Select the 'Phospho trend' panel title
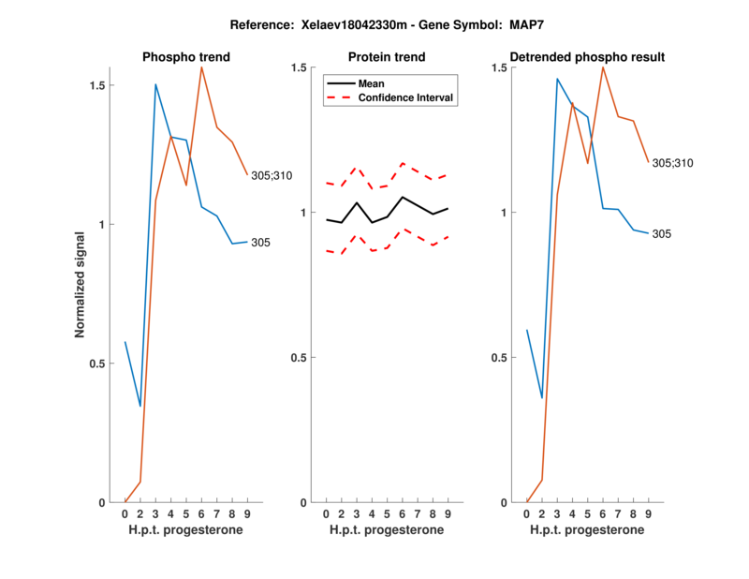186,57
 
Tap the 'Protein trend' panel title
388,57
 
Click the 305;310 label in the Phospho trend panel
272,175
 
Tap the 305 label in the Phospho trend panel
261,243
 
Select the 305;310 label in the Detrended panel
673,163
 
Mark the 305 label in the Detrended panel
662,233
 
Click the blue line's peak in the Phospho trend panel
155,84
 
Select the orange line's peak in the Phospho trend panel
201,67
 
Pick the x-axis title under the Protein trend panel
388,530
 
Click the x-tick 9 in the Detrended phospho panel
649,513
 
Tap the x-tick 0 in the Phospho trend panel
125,513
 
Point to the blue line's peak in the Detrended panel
557,79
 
